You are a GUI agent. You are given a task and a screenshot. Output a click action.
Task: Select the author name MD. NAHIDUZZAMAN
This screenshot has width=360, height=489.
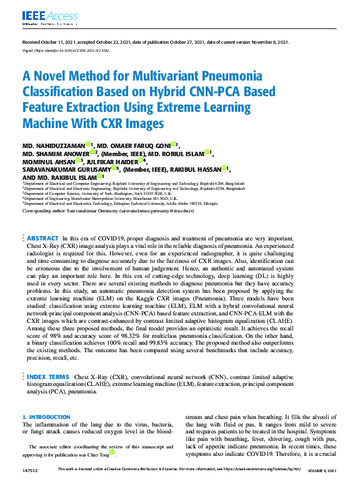53,145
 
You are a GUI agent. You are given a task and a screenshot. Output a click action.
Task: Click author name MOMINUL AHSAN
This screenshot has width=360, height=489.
49,161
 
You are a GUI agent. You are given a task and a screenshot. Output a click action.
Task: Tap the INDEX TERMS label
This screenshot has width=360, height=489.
47,377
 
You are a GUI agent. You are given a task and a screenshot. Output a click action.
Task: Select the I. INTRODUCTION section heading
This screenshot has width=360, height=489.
46,417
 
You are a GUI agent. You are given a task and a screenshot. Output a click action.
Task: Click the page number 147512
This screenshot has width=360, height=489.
30,470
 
